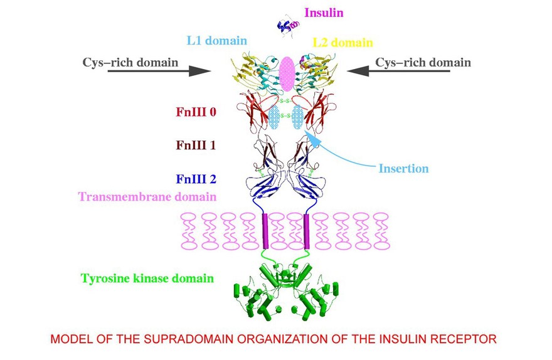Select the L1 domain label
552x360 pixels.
(x=217, y=41)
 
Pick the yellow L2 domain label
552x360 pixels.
(x=342, y=43)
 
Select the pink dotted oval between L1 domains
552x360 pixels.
(x=287, y=73)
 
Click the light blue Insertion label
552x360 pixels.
(x=403, y=168)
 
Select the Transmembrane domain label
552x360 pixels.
(x=147, y=196)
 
